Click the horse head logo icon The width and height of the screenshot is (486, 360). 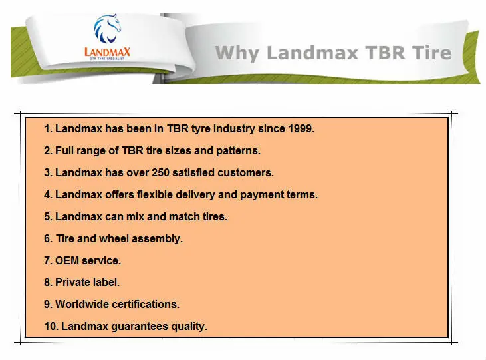pos(107,28)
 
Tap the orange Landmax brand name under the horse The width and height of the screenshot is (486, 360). pos(107,51)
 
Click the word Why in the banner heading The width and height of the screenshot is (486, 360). pos(237,53)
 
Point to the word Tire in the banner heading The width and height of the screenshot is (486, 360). pos(431,53)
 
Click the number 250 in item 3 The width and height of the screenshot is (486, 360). pos(160,172)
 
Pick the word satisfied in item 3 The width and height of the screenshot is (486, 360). pos(193,172)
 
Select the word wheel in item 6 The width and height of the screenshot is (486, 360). pos(114,238)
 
